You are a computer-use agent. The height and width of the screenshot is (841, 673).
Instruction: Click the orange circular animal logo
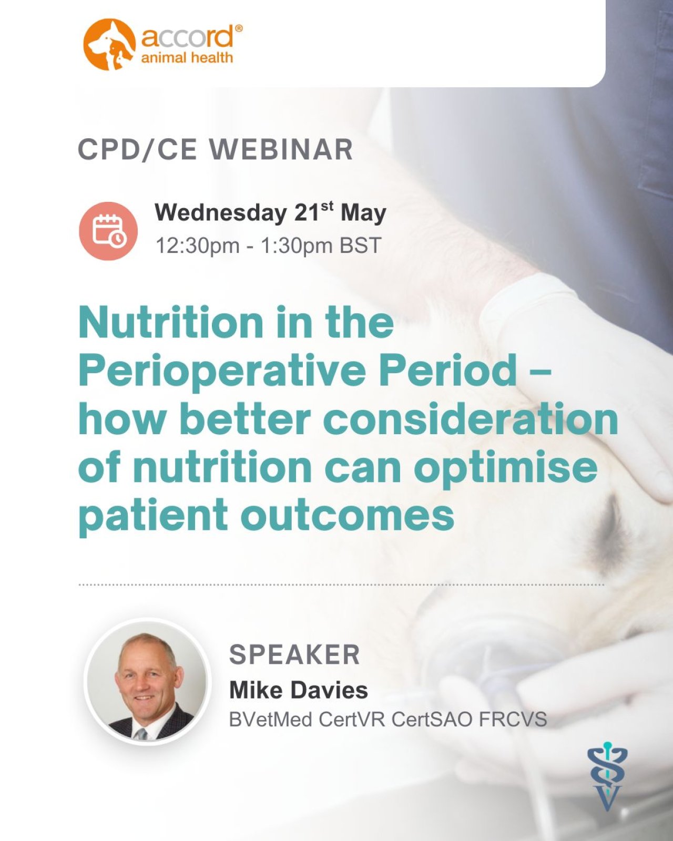(109, 44)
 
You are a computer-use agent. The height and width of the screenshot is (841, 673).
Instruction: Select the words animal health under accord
(187, 58)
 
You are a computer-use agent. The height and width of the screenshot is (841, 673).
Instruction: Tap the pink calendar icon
(108, 231)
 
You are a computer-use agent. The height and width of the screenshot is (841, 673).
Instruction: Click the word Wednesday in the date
(220, 213)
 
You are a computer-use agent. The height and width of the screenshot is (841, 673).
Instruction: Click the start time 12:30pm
(198, 246)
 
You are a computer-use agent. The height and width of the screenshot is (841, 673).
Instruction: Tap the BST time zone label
(360, 246)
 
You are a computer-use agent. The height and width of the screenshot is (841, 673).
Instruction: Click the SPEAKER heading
(294, 654)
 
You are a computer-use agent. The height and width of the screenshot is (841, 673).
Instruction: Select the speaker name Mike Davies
(298, 690)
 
